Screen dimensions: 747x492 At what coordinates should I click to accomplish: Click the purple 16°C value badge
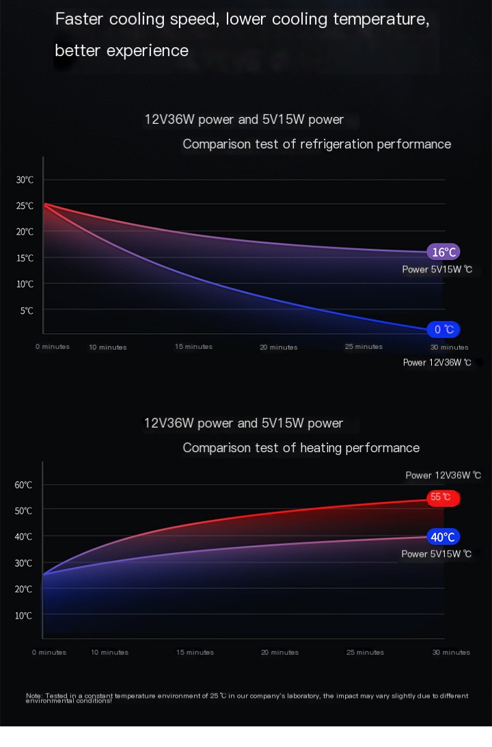443,252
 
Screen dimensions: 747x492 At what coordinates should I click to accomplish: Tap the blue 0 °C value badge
443,330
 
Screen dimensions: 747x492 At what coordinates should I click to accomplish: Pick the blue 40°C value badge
443,537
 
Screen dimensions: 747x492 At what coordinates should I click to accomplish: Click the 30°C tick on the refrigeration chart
25,180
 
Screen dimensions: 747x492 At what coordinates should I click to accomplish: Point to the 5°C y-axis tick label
27,311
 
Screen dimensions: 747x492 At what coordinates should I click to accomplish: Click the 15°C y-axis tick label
25,259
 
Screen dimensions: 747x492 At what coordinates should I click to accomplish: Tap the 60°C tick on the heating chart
23,485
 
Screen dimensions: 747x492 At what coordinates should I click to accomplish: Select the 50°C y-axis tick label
23,511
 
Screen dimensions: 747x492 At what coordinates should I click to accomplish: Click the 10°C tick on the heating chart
23,616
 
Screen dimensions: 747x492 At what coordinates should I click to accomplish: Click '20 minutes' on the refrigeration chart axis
278,348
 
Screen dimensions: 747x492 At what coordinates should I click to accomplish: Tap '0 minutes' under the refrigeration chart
53,347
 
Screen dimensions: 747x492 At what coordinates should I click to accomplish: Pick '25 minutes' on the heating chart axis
364,653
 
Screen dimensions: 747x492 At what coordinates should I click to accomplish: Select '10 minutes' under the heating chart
109,653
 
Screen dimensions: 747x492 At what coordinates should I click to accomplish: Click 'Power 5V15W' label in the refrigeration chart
437,270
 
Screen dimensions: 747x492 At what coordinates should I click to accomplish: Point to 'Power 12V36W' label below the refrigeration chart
437,363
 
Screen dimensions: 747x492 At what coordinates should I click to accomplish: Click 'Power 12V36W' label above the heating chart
443,475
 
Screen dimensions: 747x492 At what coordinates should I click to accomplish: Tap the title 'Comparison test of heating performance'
301,448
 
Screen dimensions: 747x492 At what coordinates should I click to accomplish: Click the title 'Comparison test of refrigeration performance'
316,144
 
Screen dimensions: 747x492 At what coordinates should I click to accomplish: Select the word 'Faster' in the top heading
78,19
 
